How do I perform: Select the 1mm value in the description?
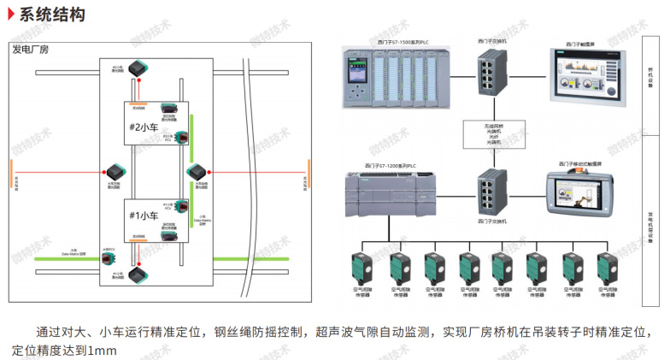click(x=101, y=351)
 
